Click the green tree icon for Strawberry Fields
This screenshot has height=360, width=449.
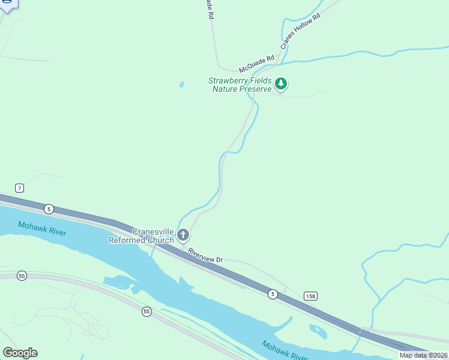pos(281,85)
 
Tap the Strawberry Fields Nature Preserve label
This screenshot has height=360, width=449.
pos(240,85)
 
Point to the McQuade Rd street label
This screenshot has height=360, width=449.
pos(256,62)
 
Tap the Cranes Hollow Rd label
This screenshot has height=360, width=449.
pos(301,31)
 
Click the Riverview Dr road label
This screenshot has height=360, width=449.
pos(205,256)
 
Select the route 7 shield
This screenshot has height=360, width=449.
pos(20,188)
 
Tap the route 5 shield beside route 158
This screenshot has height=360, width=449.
pos(273,293)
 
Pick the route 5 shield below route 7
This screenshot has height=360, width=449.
pos(49,209)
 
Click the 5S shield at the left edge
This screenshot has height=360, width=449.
pos(22,275)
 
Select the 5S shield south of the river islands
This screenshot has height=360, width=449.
pos(147,311)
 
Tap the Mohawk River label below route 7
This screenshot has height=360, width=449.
pos(41,229)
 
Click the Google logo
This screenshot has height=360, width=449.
pos(20,353)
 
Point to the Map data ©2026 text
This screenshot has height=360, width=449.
pos(423,355)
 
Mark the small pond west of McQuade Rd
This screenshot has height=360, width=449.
pos(181,85)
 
